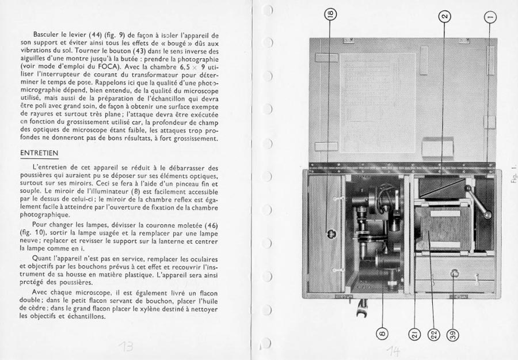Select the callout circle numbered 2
coord(444,17)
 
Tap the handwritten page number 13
coord(125,346)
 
